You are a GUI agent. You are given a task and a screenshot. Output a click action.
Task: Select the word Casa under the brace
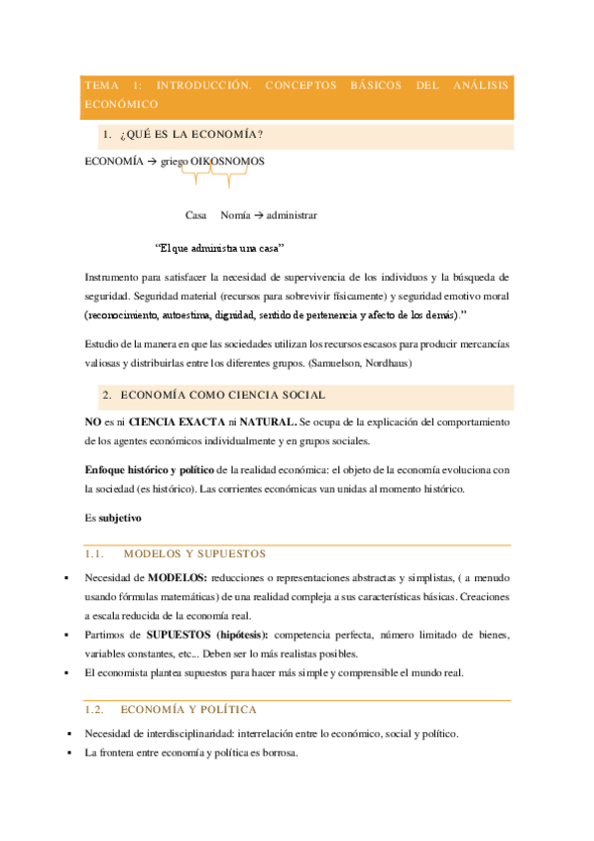tap(195, 214)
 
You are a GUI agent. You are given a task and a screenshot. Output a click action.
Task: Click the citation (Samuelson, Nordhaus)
tap(353, 364)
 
